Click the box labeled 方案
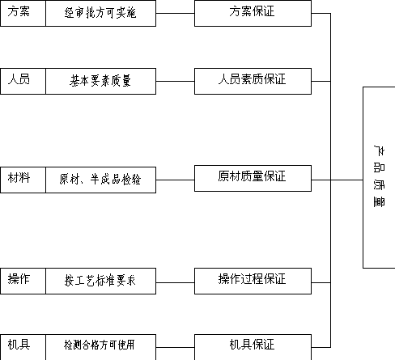(23, 13)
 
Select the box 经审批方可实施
(101, 13)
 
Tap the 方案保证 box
(253, 13)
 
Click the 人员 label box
(23, 81)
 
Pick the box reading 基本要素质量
(101, 81)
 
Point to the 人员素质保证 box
(253, 81)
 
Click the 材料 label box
(23, 180)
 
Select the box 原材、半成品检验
(101, 180)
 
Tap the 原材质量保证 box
(253, 179)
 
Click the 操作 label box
(23, 281)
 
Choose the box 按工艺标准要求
(101, 281)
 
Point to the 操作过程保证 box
(253, 281)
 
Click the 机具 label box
(23, 347)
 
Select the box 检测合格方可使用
(101, 347)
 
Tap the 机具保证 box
(253, 347)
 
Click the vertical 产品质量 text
(379, 176)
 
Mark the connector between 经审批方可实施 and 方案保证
(175, 13)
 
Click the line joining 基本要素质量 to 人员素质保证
(175, 81)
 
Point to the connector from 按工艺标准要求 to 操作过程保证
(175, 282)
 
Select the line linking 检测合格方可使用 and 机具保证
(175, 347)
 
